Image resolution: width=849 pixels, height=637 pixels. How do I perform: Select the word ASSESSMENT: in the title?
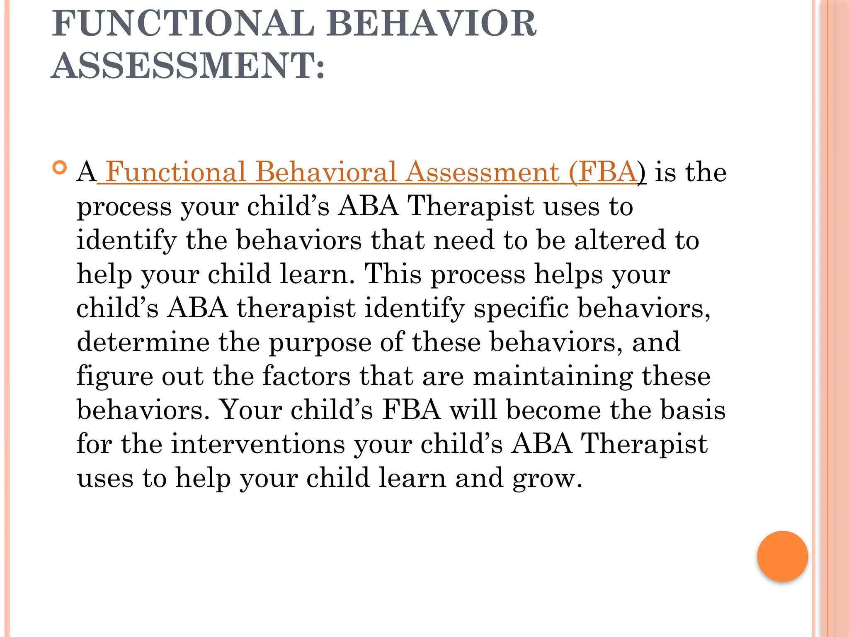click(x=188, y=66)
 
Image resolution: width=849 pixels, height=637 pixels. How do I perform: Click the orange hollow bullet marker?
click(x=60, y=168)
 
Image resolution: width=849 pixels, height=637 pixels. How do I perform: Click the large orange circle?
click(x=782, y=556)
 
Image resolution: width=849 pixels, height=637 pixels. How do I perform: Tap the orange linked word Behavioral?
click(x=326, y=172)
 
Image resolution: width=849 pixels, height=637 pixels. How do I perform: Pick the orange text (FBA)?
click(x=604, y=172)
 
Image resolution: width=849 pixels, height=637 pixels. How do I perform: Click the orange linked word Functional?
click(x=176, y=172)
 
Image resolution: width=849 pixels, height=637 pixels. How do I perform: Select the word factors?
click(x=306, y=376)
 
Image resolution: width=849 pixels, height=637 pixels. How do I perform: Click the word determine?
click(x=143, y=342)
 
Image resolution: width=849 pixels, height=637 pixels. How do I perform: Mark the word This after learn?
click(x=393, y=274)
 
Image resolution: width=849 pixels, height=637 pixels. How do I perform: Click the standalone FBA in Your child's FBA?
click(x=411, y=410)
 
